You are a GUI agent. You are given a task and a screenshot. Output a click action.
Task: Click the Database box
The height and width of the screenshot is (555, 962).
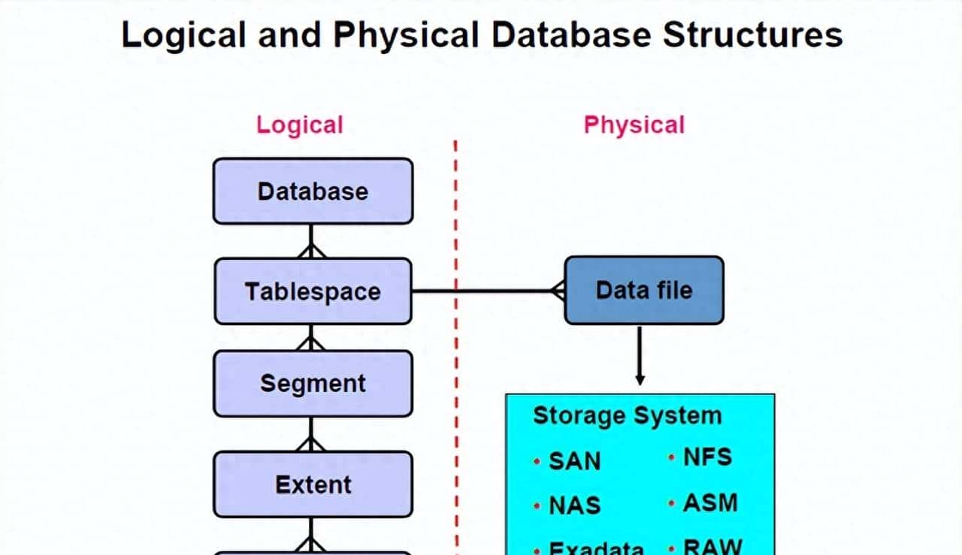tap(313, 191)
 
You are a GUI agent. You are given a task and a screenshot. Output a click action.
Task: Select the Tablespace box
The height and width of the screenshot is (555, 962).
tap(313, 291)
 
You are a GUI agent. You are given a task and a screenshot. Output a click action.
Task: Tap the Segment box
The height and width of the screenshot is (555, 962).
tap(313, 383)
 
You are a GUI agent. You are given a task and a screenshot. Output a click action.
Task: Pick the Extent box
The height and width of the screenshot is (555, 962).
tap(313, 484)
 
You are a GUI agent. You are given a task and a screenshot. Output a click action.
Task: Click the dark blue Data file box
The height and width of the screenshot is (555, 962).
tap(644, 291)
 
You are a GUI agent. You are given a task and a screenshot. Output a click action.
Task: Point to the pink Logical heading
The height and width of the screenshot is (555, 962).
tap(300, 125)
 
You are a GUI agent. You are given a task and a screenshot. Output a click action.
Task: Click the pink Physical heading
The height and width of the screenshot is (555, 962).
tap(634, 125)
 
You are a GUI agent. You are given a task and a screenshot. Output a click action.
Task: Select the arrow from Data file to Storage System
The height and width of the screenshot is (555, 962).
tap(640, 356)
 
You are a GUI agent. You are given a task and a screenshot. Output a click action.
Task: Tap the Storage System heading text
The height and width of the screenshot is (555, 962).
tap(627, 415)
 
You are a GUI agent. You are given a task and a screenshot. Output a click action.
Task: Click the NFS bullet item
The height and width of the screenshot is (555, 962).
tap(707, 457)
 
